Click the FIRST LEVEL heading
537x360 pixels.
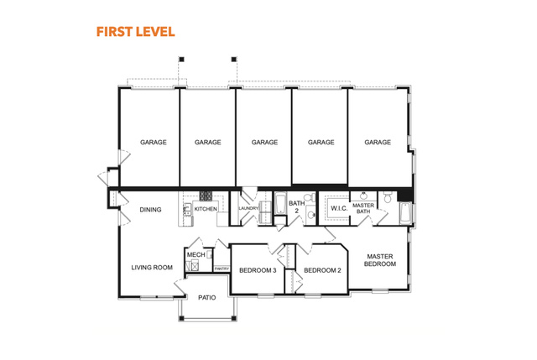[136, 32]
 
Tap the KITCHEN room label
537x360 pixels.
[206, 209]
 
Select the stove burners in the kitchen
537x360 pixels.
[206, 196]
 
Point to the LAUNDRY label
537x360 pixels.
[248, 208]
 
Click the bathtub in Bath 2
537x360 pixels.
[280, 203]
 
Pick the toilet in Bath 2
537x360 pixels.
[310, 198]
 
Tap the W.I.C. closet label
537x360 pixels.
[339, 208]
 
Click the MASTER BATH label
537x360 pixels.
[363, 208]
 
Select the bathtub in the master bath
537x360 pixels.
[405, 213]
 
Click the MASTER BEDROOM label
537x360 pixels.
[380, 260]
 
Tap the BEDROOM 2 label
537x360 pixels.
[322, 270]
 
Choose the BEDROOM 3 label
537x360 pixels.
[258, 270]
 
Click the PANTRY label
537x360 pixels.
[222, 269]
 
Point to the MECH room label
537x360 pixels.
[196, 255]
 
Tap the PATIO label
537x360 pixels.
[207, 298]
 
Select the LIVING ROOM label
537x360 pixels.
[152, 268]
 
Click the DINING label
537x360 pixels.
[150, 210]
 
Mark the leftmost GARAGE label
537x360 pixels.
[153, 142]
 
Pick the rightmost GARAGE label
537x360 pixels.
[378, 142]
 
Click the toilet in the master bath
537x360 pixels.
[388, 197]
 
